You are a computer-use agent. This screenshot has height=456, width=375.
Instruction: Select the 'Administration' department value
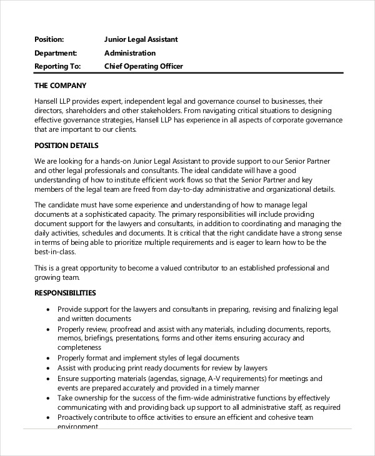130,53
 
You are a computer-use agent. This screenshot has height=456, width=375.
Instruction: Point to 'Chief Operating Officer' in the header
143,66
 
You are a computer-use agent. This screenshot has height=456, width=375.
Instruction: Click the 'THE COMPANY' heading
60,85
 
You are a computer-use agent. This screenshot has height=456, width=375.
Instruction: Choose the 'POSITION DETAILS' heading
66,146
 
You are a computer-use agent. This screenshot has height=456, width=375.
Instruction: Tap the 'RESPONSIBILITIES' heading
65,292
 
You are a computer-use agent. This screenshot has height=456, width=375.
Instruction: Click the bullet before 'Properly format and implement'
48,359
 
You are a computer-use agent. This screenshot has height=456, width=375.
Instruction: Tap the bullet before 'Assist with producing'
48,369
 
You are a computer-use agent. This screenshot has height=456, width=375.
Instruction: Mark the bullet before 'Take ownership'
48,398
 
